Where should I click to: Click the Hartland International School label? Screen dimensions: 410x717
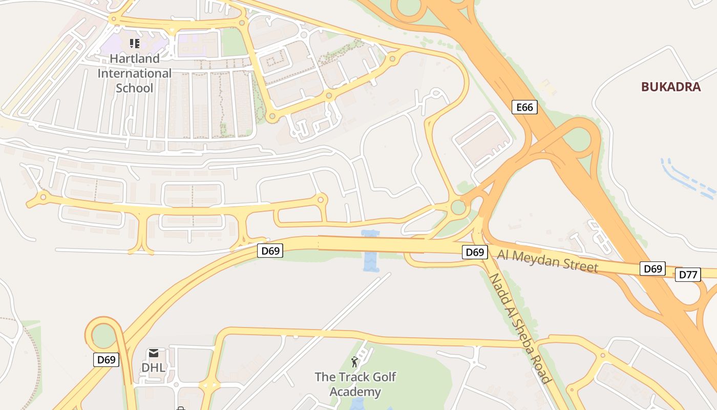(x=135, y=73)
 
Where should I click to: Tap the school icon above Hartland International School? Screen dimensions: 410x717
(x=135, y=44)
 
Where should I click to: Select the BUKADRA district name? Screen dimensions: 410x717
(x=671, y=87)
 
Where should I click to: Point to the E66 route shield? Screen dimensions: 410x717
(x=524, y=107)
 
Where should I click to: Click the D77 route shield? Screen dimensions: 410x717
(x=688, y=275)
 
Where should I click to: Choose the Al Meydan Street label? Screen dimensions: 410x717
(x=547, y=260)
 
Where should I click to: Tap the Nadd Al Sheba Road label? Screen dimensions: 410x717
(x=520, y=328)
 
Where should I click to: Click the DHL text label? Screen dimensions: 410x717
(x=153, y=367)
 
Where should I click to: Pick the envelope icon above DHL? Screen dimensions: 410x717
(x=153, y=353)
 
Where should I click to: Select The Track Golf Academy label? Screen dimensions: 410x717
(x=355, y=384)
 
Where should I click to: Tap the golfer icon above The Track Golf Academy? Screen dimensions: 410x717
(x=354, y=362)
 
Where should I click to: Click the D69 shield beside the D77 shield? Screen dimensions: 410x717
(x=653, y=269)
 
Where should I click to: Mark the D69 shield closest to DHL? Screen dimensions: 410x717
(x=107, y=360)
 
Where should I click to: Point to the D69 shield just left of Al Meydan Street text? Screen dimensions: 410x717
(x=475, y=252)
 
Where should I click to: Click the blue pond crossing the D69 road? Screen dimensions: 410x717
(x=370, y=251)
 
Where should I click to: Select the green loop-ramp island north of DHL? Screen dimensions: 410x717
(x=104, y=336)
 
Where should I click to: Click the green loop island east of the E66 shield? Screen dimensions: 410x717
(x=579, y=139)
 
